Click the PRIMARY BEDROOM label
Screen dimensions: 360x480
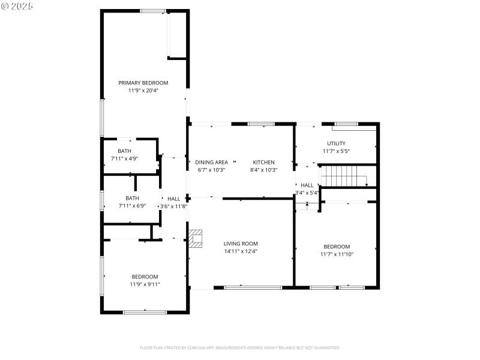coord(143,83)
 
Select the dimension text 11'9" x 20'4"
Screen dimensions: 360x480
coord(143,91)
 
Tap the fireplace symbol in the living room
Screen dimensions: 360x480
coord(196,238)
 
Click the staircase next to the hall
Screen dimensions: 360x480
coord(343,176)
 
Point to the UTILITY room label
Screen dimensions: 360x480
coord(336,143)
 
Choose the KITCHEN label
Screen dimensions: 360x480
coord(263,162)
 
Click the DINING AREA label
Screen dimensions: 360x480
coord(211,162)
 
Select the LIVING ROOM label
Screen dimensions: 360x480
coord(241,244)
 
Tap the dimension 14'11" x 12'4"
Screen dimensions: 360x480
coord(241,251)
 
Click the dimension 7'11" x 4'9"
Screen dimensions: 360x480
coord(124,158)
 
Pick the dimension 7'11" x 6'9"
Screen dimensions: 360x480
coord(132,206)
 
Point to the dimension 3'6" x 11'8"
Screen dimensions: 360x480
coord(173,206)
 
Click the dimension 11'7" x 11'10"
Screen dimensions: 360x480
coord(337,254)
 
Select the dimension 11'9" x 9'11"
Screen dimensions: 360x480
coord(145,284)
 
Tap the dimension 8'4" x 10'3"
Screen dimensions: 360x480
coord(263,170)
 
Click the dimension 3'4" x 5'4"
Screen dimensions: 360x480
coord(307,193)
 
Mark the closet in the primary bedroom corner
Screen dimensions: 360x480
coord(178,35)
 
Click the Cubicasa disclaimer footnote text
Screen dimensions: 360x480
coord(240,347)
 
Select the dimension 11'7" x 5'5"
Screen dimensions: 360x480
coord(336,151)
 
